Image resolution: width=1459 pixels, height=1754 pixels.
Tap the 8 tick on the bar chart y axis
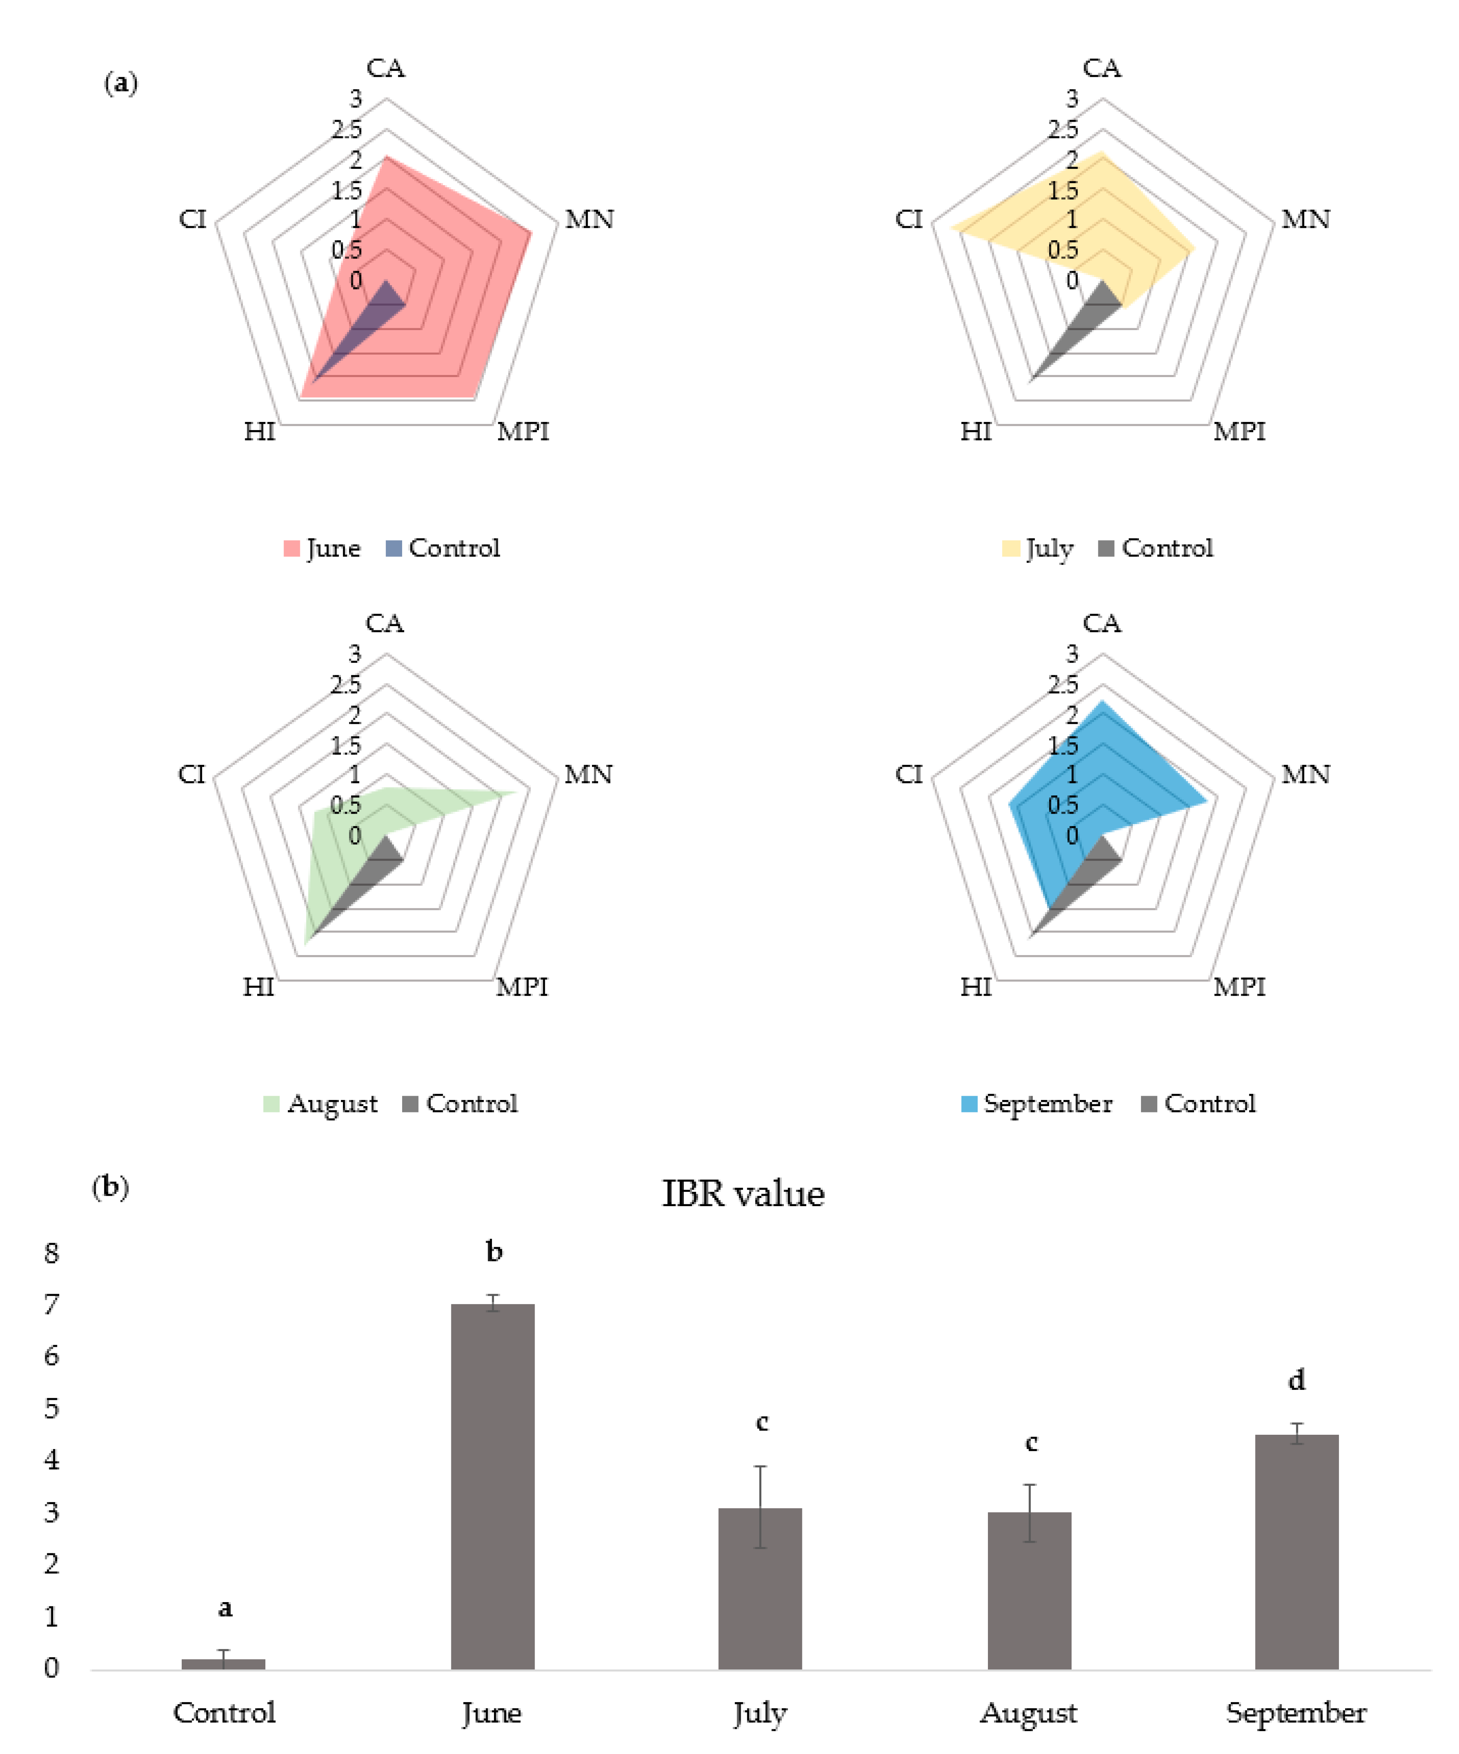coord(52,1253)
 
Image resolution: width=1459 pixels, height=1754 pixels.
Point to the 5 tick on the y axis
coord(52,1408)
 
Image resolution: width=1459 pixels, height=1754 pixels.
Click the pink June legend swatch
coord(291,549)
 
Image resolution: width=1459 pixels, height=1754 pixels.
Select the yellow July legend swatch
coord(1010,549)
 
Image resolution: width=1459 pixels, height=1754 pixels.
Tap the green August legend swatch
coord(272,1104)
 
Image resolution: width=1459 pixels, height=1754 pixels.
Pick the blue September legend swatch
coord(969,1104)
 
